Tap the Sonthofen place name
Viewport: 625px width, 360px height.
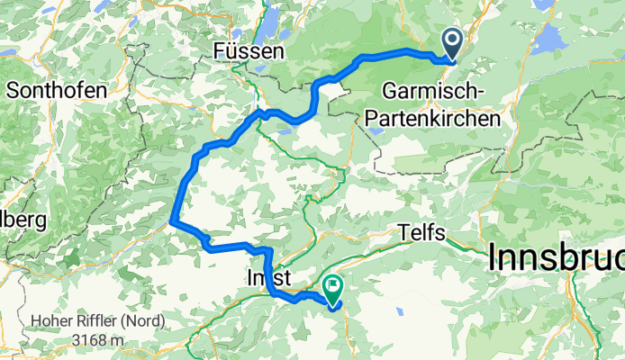[56, 90]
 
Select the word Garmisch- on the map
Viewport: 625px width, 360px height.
[434, 91]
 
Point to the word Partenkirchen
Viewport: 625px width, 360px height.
[441, 118]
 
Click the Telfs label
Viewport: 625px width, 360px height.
[423, 233]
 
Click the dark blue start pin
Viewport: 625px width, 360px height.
[450, 42]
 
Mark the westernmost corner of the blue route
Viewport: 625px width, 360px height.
[172, 217]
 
